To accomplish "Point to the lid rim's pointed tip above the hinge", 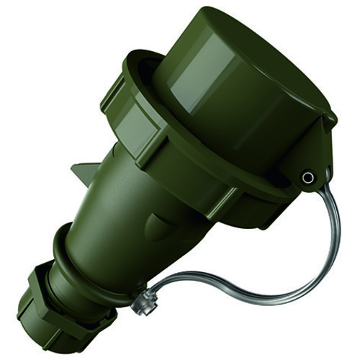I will point(332,115).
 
